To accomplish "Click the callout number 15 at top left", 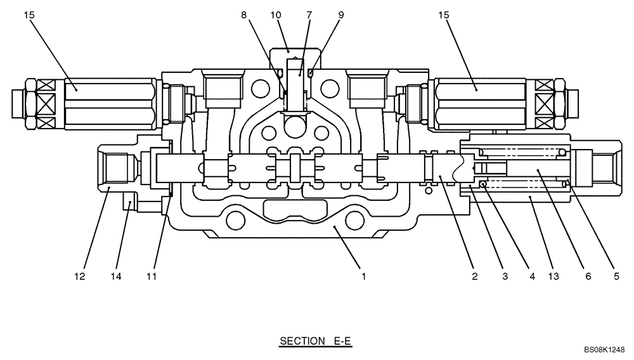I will (x=30, y=14).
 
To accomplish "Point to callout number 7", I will (x=309, y=14).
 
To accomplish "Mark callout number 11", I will (x=151, y=276).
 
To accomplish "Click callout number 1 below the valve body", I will (x=364, y=276).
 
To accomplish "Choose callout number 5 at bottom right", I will (x=616, y=276).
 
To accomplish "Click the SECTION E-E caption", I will (x=315, y=342).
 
